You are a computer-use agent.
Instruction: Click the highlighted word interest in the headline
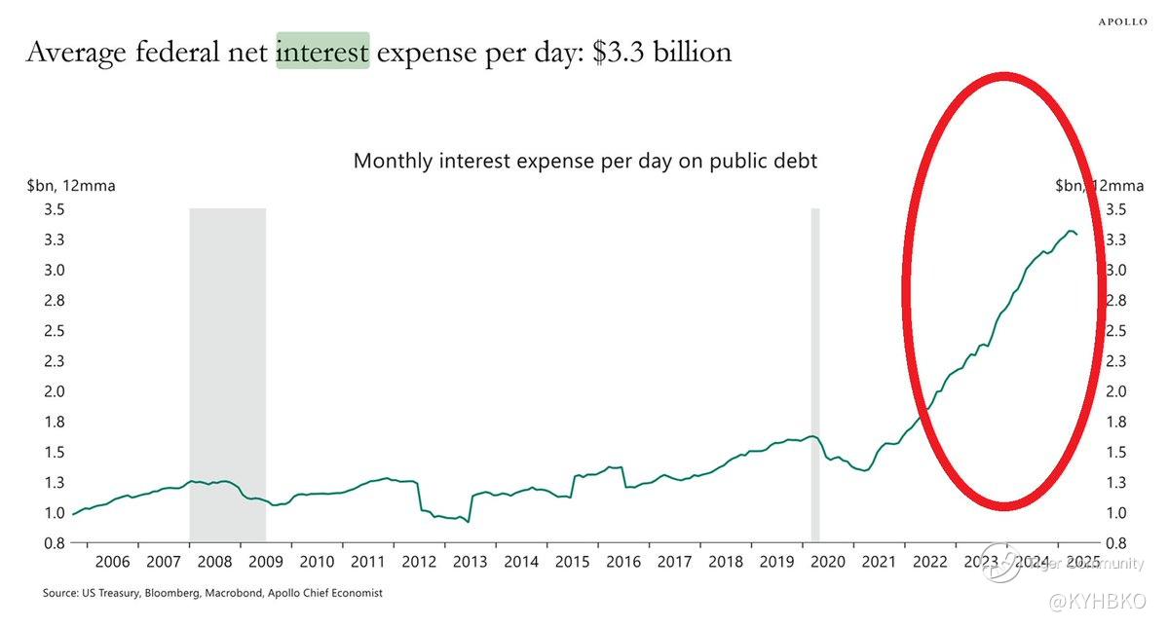point(322,52)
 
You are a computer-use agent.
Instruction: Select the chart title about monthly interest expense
point(584,161)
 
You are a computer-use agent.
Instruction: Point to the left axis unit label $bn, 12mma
point(71,186)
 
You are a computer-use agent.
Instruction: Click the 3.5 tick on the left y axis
point(54,209)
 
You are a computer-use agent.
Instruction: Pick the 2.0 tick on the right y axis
point(1116,391)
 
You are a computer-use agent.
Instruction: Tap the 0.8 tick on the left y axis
point(54,542)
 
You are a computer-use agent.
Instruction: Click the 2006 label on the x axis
point(112,562)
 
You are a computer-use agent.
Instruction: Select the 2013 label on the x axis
point(470,562)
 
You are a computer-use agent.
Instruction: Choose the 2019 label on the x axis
point(776,562)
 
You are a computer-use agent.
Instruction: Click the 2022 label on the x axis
point(929,562)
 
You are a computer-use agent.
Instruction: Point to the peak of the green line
point(1071,231)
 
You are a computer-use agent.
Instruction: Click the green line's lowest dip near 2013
point(469,522)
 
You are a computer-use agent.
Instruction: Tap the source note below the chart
point(212,593)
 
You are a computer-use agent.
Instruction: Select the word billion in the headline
point(688,52)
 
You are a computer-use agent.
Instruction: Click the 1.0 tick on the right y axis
point(1116,512)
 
